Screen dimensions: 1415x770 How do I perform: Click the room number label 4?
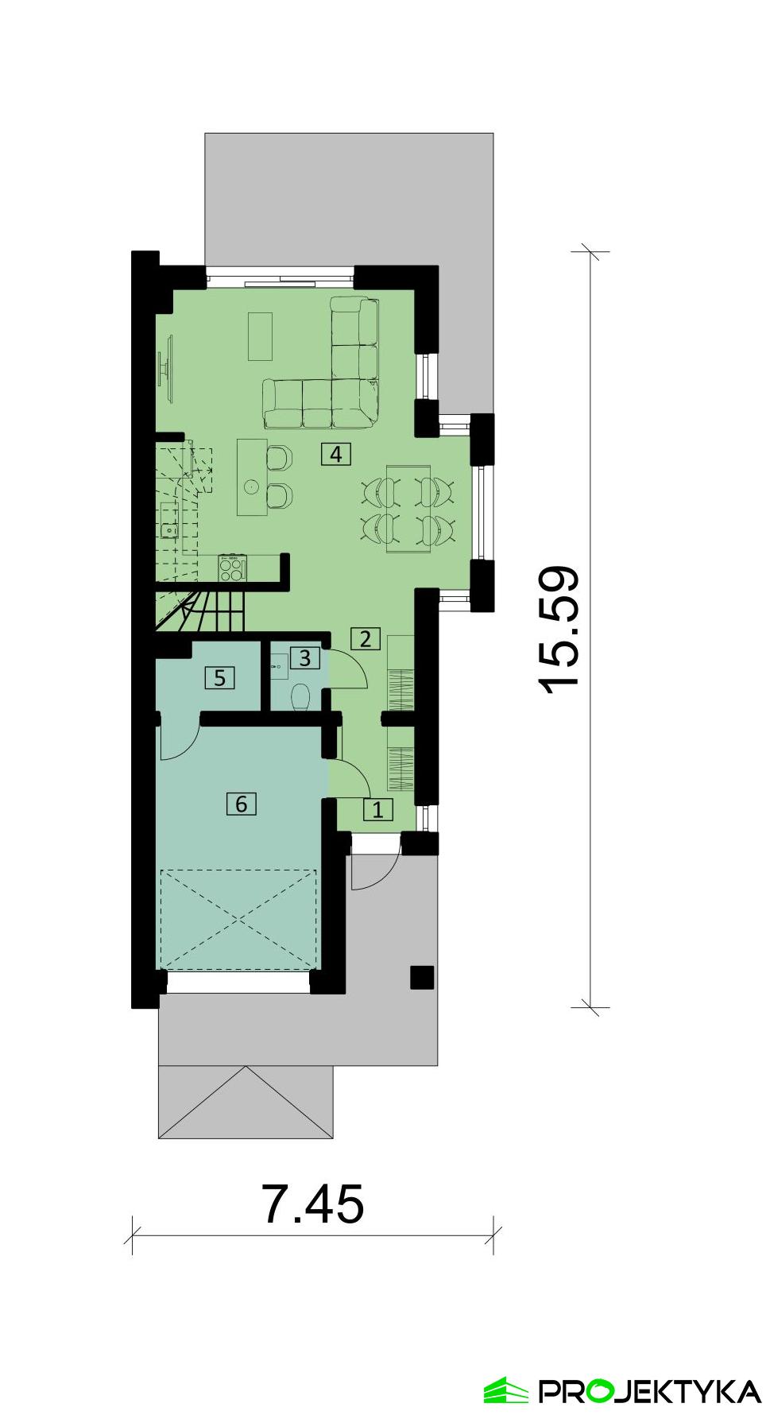[x=336, y=455]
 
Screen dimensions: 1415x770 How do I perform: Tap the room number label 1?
[x=377, y=810]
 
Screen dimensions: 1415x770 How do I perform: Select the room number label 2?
[x=366, y=638]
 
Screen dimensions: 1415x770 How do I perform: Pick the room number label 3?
[x=304, y=658]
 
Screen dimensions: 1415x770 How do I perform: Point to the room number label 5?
[x=220, y=678]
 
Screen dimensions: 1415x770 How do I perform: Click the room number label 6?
[x=242, y=804]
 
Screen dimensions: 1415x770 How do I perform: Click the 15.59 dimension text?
[x=561, y=630]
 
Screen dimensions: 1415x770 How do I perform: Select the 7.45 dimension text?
[x=313, y=1204]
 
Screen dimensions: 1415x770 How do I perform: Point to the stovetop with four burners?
[x=232, y=568]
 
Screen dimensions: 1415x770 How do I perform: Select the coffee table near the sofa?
[x=260, y=336]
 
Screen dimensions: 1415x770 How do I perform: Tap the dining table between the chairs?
[x=408, y=508]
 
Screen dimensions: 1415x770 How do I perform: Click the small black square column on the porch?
[x=422, y=977]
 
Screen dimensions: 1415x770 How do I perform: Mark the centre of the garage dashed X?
[x=239, y=920]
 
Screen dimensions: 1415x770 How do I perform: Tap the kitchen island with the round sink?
[x=252, y=478]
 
